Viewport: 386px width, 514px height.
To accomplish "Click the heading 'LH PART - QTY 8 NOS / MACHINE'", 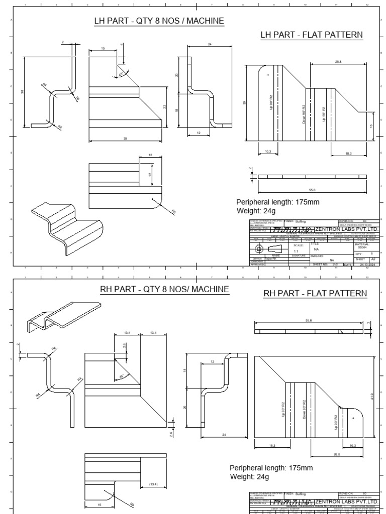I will pos(159,21).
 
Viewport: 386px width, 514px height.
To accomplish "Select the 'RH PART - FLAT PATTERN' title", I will pos(315,293).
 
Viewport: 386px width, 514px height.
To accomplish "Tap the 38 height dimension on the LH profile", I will pos(23,92).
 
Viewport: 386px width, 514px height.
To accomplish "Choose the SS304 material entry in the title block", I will pos(362,247).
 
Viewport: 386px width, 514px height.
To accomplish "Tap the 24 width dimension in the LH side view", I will pos(209,44).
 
